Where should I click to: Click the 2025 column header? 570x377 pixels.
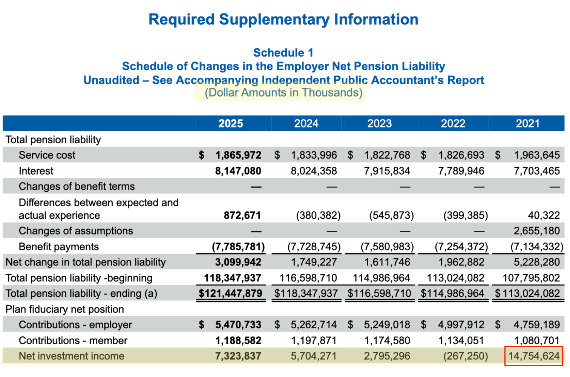point(231,123)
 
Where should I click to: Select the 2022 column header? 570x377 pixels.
point(453,123)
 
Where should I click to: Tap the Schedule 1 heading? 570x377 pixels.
point(283,53)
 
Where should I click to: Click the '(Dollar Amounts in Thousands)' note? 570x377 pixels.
point(283,93)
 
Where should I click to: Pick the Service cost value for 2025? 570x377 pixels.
point(238,155)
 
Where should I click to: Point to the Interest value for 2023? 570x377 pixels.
point(387,171)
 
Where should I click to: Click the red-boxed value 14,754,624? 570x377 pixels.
point(534,356)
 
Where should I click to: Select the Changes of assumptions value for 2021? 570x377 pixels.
point(536,231)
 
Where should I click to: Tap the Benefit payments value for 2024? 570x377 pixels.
point(314,247)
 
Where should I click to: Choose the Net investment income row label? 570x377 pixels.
point(72,356)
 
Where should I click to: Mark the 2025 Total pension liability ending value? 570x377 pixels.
point(231,293)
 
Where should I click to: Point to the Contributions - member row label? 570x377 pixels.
point(73,340)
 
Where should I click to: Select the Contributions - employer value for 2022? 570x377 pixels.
point(461,325)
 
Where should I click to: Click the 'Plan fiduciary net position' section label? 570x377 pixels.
point(64,309)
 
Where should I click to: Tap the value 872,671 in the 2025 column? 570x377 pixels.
point(242,215)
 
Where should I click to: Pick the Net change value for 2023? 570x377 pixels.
point(387,262)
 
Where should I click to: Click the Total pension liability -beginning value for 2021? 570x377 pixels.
point(531,278)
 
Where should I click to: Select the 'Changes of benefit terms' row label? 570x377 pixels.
point(77,186)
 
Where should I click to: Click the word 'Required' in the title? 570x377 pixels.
point(181,20)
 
